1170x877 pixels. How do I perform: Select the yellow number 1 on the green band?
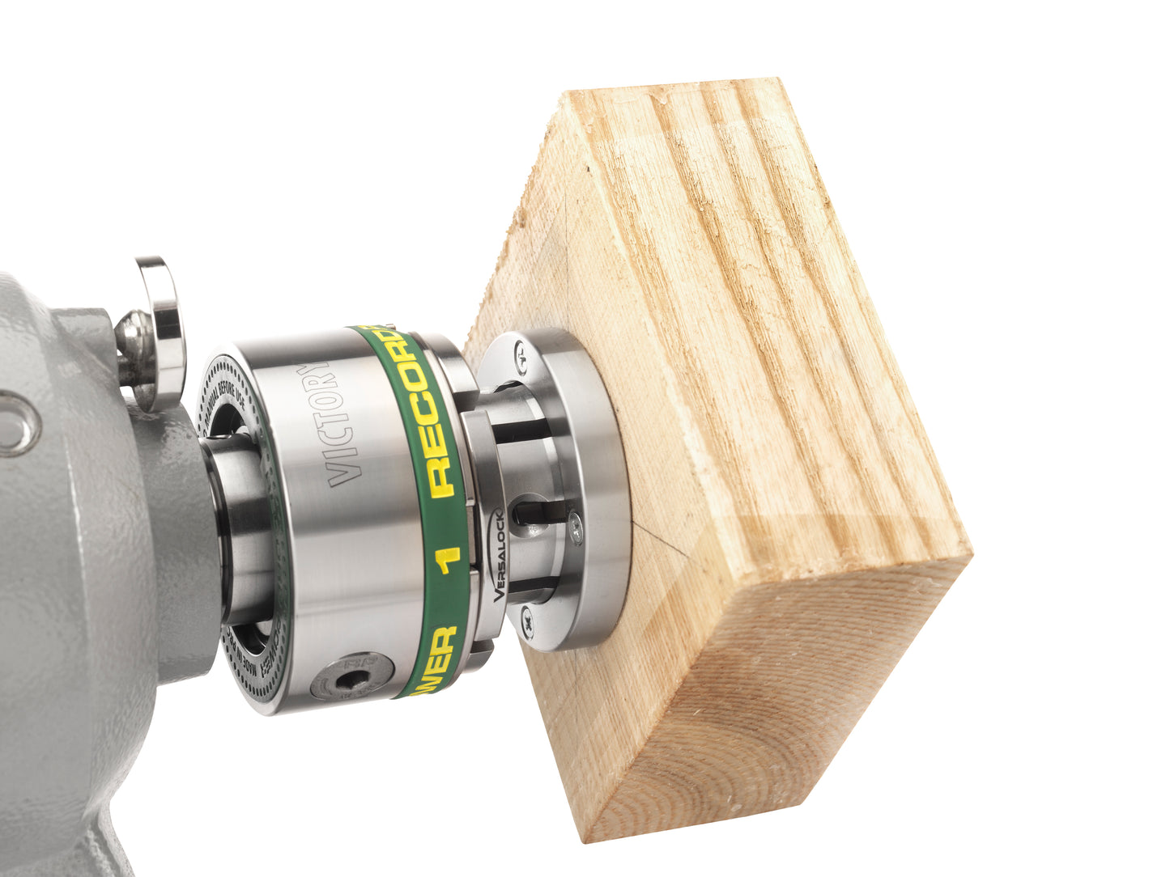coord(449,558)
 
